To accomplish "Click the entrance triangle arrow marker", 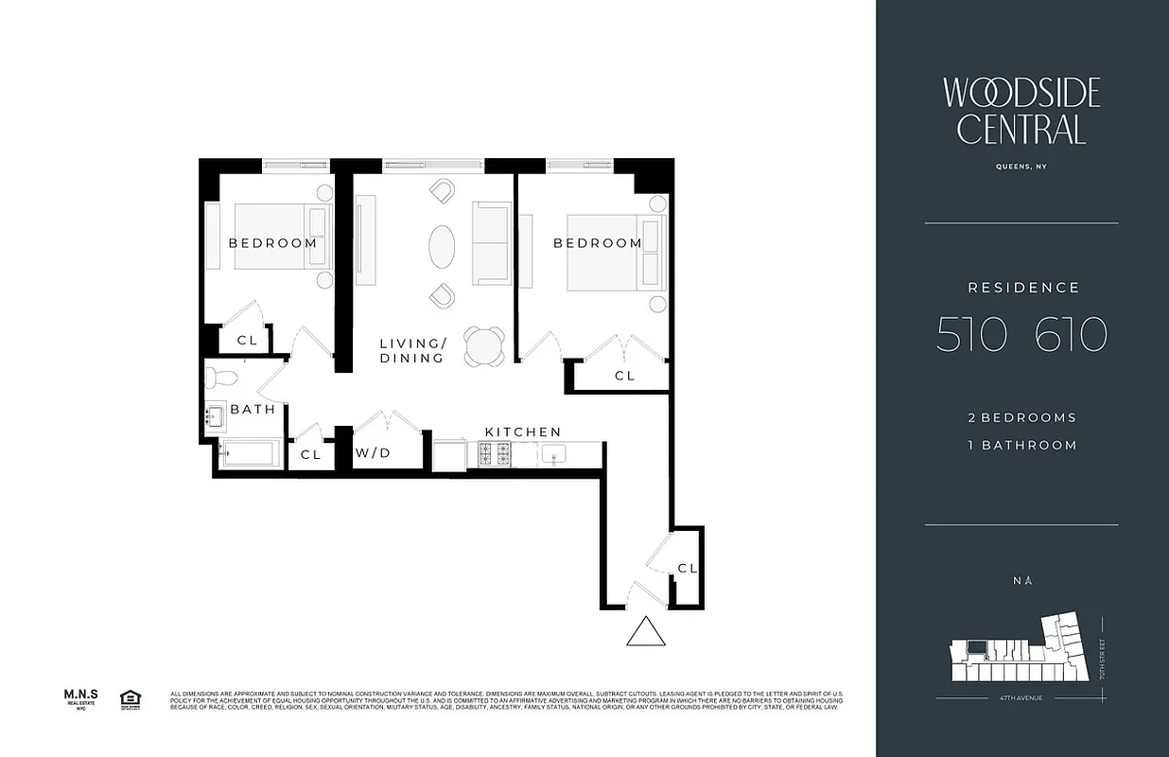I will (x=646, y=631).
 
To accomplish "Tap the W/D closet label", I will (x=373, y=453).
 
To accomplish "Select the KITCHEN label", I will (x=523, y=431).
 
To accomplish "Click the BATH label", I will (x=253, y=410).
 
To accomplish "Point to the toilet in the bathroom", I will (x=222, y=378).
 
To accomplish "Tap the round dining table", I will (x=485, y=345).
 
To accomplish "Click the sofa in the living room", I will (x=491, y=243).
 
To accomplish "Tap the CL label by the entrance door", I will (x=688, y=568).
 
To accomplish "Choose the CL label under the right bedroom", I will (x=624, y=376).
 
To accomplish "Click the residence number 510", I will (x=969, y=335).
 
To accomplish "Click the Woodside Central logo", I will (x=1021, y=111).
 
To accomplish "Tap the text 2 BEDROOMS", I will (x=1021, y=417).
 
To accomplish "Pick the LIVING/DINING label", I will (x=412, y=350).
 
